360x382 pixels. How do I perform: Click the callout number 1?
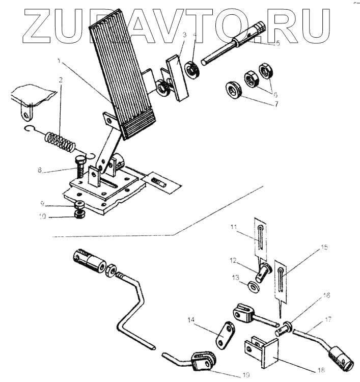(60, 62)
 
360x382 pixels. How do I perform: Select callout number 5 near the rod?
(278, 44)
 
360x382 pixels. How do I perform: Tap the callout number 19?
(246, 375)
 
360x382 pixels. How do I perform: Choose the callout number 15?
(325, 248)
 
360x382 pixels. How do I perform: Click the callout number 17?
(326, 320)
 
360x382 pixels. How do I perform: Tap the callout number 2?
(61, 80)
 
